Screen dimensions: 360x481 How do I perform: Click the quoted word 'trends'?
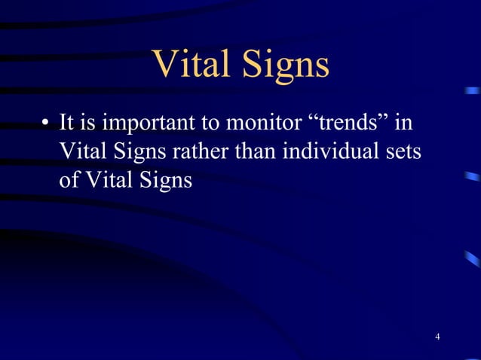click(x=345, y=122)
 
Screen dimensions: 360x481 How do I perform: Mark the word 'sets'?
click(x=406, y=151)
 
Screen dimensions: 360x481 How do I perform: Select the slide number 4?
click(x=438, y=335)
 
